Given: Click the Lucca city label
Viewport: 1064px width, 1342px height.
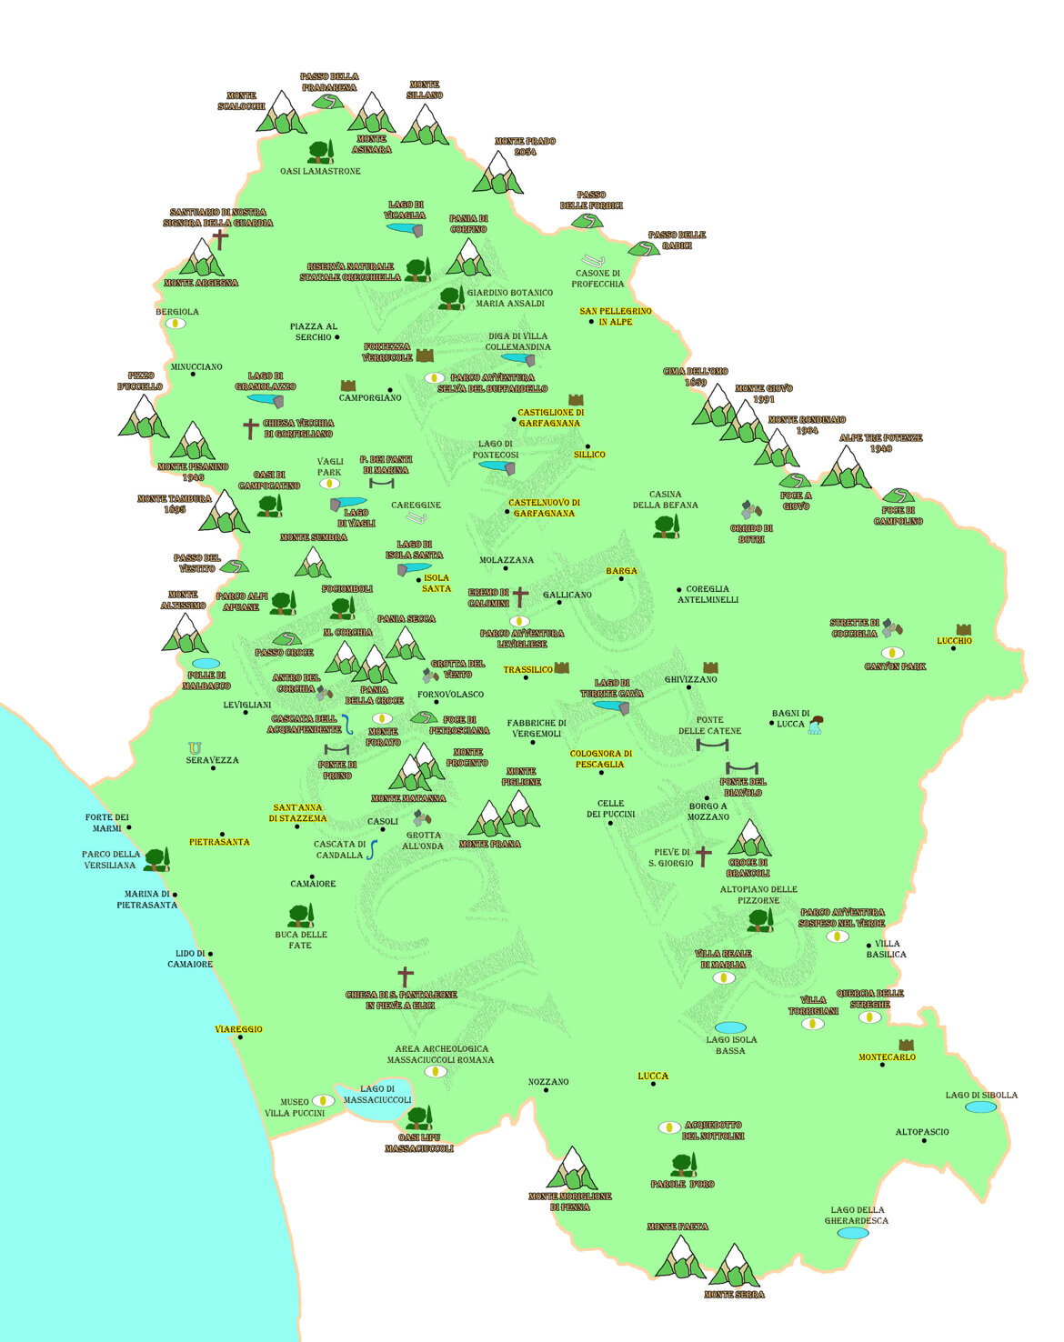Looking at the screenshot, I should pos(653,1076).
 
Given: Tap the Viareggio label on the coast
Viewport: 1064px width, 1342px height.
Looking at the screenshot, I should pos(238,1029).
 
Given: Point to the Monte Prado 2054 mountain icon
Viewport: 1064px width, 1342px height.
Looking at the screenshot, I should pos(498,174).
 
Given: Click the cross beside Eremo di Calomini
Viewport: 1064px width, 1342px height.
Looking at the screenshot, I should pos(520,597).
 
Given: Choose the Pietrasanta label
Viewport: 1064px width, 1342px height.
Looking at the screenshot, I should pos(219,842).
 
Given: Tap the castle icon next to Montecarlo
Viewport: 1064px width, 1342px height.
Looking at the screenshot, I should pos(906,1046).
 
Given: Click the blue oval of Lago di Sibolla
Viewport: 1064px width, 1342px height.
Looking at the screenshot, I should pos(980,1107).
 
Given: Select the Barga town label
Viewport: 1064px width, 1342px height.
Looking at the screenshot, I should pos(622,571).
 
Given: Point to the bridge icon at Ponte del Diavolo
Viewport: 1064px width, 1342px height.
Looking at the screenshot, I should pos(742,767).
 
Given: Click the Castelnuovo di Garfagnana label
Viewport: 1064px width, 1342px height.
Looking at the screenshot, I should pos(543,507).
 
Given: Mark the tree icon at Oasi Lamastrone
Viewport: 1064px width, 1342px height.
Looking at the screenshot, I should pos(320,152).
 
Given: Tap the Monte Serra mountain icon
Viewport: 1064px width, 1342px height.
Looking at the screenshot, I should pos(735,1267).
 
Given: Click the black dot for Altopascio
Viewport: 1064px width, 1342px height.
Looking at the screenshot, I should pos(924,1140).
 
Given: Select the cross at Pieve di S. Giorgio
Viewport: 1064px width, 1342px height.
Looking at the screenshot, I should pos(704,856).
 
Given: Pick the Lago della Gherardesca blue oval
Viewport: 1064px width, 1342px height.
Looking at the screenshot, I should pos(852,1233).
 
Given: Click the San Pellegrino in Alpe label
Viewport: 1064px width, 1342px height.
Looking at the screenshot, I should pos(616,316).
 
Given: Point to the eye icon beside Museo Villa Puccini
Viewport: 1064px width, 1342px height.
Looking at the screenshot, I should pos(323,1101).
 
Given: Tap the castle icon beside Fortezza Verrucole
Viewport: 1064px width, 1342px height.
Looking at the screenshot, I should pos(425,356).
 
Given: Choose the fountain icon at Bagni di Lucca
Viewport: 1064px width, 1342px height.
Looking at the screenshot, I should pos(815,725).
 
